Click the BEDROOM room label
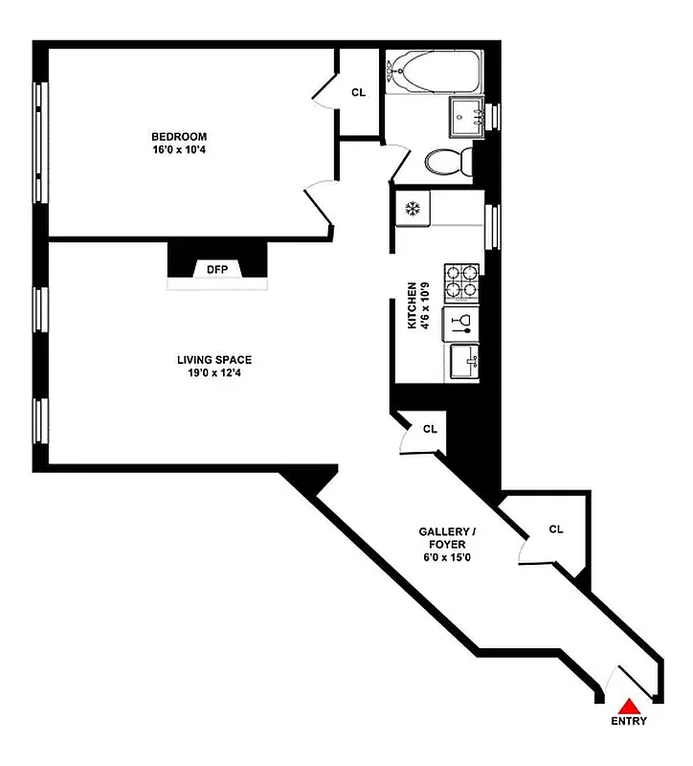pos(178,137)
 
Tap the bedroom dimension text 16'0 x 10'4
pos(178,150)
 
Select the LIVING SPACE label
pos(214,360)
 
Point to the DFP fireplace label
pos(217,269)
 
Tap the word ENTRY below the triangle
pos(630,722)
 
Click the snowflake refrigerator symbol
pos(414,208)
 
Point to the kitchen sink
pos(467,362)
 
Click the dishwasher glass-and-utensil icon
pos(461,324)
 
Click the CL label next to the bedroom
pos(359,93)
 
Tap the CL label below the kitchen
pos(431,429)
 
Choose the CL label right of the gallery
pos(556,529)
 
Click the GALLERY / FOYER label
pos(447,538)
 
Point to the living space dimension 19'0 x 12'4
pos(214,373)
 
